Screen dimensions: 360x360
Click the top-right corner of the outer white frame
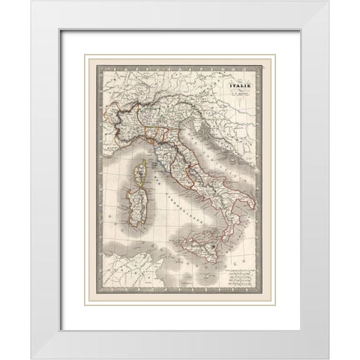[328, 2]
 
